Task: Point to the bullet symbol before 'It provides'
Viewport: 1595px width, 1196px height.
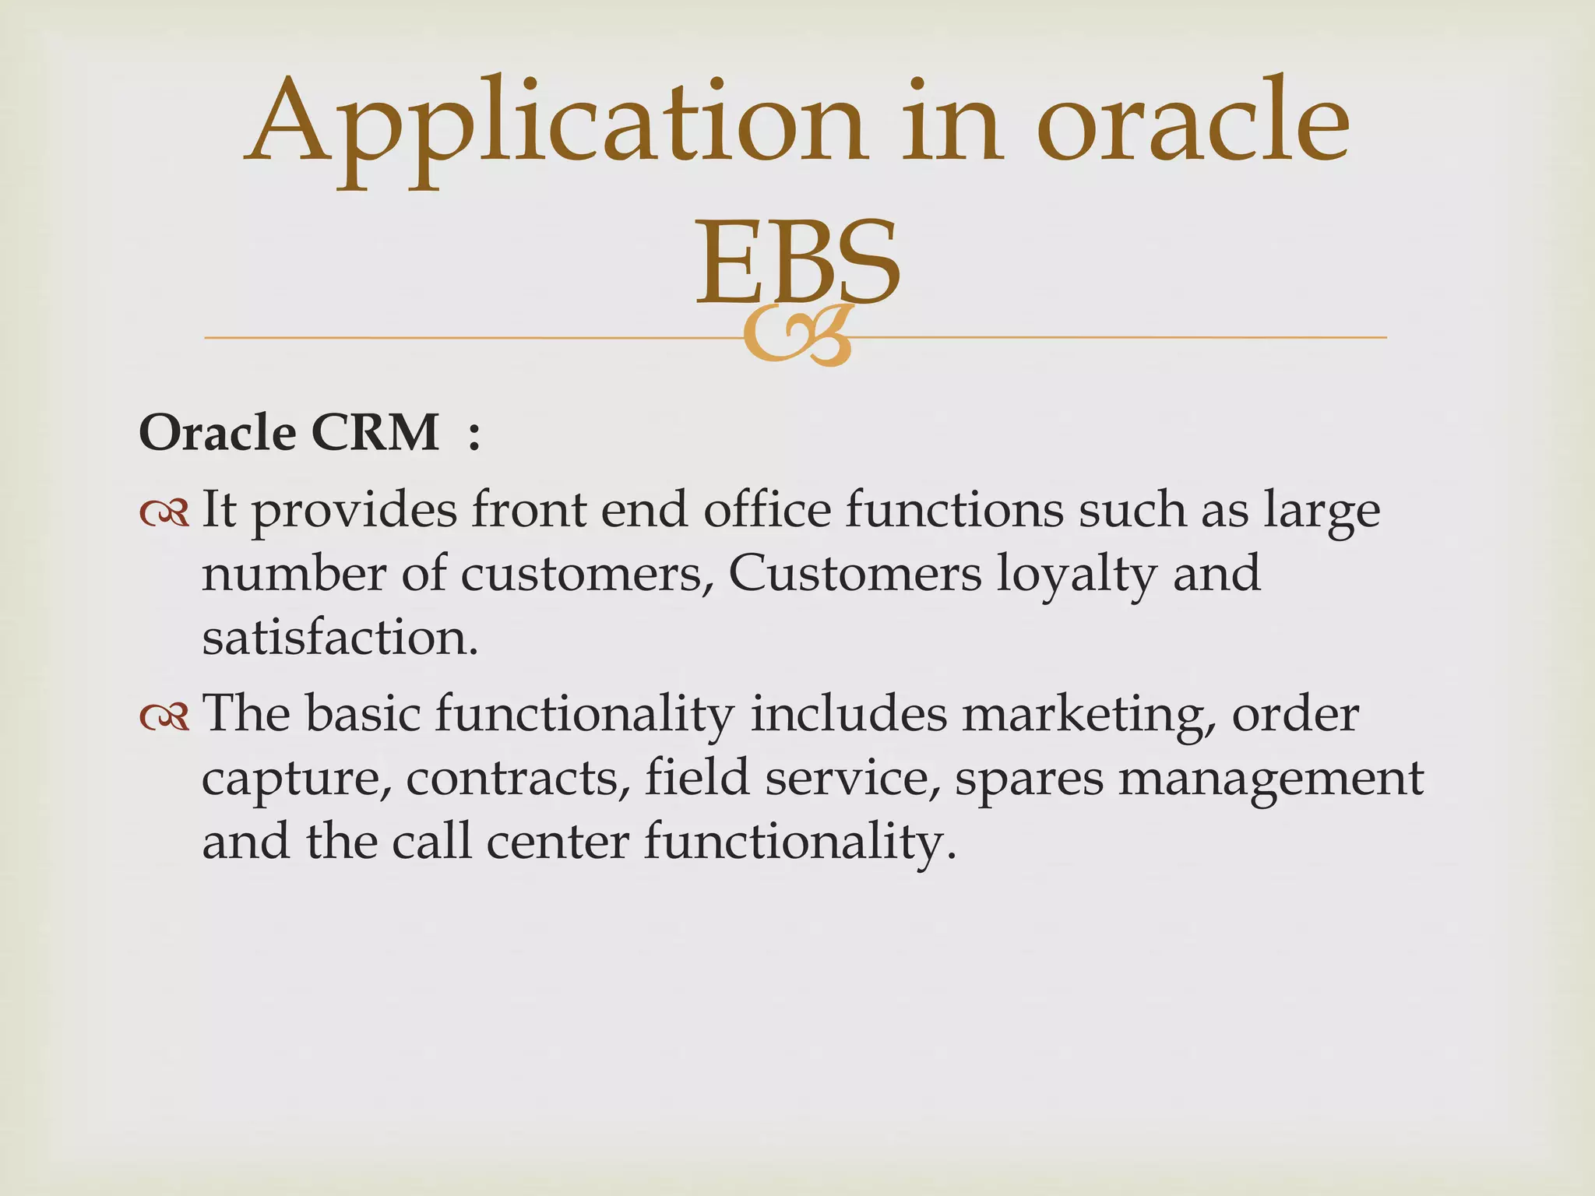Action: click(x=164, y=513)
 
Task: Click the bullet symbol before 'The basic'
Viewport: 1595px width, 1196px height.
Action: click(x=164, y=717)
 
